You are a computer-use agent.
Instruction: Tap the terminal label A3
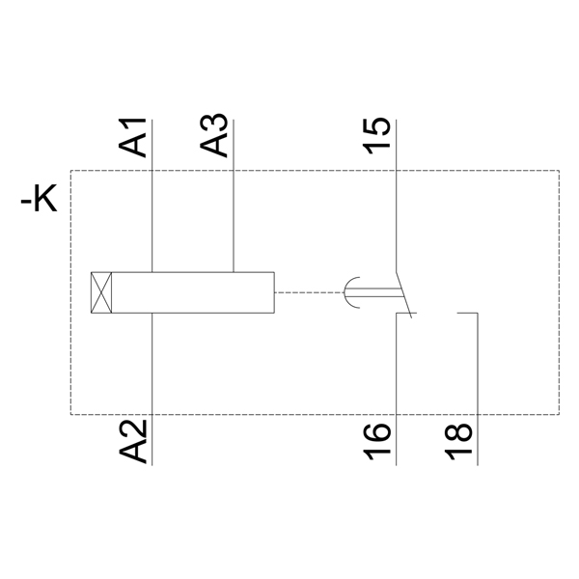[215, 136]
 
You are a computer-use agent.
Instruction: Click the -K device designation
[40, 202]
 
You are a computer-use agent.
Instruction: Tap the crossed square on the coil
[100, 291]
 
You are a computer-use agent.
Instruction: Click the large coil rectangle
[193, 291]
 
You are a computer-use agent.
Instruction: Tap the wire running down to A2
[152, 367]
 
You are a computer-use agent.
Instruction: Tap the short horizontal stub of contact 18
[467, 313]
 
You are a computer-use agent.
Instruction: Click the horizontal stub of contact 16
[405, 313]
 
